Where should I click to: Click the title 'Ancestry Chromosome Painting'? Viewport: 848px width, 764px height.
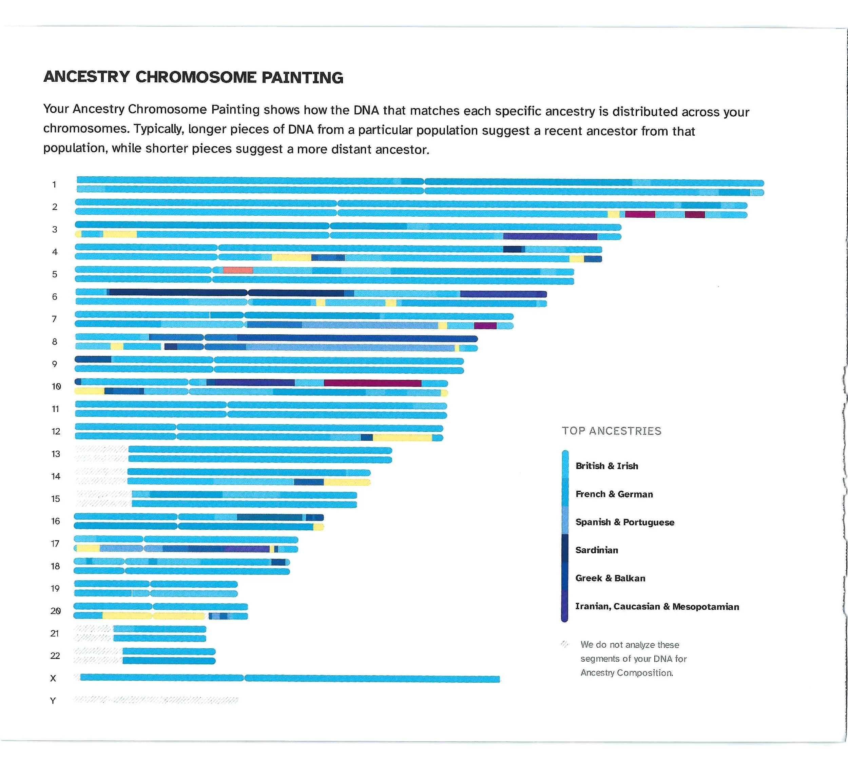pyautogui.click(x=193, y=77)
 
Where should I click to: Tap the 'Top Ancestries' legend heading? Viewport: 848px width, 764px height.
pyautogui.click(x=611, y=431)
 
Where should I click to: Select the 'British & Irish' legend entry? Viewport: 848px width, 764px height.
pyautogui.click(x=606, y=466)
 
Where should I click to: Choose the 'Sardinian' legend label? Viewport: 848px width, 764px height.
pyautogui.click(x=597, y=550)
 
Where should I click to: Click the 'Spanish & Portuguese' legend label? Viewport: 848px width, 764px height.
pyautogui.click(x=625, y=522)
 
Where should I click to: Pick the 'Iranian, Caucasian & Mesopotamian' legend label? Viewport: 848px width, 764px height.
pyautogui.click(x=657, y=606)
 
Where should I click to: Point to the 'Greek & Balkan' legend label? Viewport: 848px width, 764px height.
pyautogui.click(x=610, y=578)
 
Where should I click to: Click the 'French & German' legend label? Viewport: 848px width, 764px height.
pyautogui.click(x=614, y=494)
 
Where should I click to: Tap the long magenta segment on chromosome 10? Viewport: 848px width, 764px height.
pyautogui.click(x=372, y=383)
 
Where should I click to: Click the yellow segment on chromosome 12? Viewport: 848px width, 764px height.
pyautogui.click(x=402, y=438)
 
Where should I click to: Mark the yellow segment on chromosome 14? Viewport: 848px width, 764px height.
pyautogui.click(x=347, y=482)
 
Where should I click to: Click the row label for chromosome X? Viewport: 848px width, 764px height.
pyautogui.click(x=53, y=678)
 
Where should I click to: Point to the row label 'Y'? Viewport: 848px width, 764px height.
pyautogui.click(x=53, y=701)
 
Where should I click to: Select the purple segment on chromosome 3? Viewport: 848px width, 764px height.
pyautogui.click(x=550, y=237)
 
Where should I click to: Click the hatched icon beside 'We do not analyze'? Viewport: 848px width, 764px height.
pyautogui.click(x=565, y=644)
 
